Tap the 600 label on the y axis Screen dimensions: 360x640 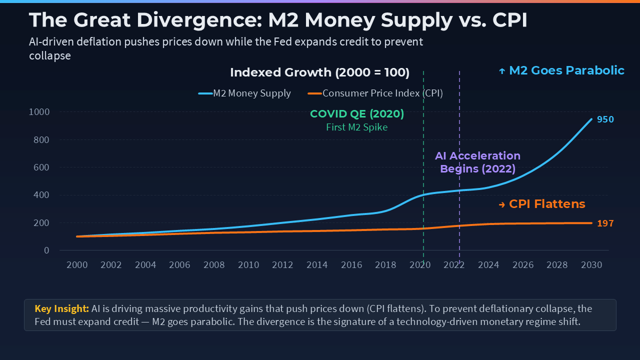(x=41, y=167)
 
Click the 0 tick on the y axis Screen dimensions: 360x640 (x=46, y=250)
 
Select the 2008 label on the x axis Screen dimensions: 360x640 (x=214, y=265)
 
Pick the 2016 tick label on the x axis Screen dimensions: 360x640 (x=351, y=265)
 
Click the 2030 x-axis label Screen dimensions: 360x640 (x=591, y=265)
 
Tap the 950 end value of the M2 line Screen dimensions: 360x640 (x=605, y=119)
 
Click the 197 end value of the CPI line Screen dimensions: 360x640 (x=605, y=223)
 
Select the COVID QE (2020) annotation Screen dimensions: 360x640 (x=357, y=114)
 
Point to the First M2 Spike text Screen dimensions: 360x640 (x=357, y=127)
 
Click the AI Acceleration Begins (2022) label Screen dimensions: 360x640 (x=477, y=162)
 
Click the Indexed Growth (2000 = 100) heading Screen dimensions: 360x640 (x=319, y=72)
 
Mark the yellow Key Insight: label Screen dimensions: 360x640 (x=61, y=308)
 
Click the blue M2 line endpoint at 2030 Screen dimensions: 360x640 (x=591, y=119)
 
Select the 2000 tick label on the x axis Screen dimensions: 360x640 (x=77, y=265)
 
